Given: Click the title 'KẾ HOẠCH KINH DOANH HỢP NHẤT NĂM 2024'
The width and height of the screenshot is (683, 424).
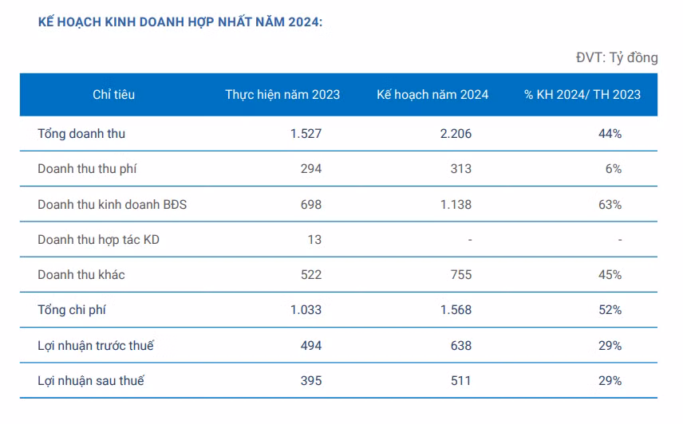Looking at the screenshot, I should (x=180, y=23).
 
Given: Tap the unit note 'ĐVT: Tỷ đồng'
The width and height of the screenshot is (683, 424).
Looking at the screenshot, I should (x=616, y=57).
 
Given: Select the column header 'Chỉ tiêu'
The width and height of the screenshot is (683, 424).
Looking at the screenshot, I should (x=113, y=95).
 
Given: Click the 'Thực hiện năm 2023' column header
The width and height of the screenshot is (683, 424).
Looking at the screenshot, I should (x=282, y=95).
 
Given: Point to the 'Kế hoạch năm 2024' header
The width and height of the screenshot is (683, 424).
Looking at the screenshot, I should (x=432, y=95).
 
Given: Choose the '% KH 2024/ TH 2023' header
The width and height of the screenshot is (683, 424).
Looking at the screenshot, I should (x=582, y=95).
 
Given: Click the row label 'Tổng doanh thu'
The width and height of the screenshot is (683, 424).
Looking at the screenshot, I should (x=81, y=134).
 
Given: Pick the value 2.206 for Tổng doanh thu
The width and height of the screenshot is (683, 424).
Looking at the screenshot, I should (x=455, y=134).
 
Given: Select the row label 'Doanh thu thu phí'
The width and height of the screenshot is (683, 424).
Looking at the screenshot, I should (x=89, y=169).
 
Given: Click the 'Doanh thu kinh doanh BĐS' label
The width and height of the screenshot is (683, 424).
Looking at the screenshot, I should (x=113, y=205).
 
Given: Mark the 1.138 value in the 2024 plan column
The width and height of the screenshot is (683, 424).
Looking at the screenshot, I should (x=455, y=205).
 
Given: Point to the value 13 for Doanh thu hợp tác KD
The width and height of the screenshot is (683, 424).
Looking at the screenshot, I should (x=314, y=239).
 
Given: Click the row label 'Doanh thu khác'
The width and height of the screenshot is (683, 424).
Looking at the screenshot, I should (x=81, y=275).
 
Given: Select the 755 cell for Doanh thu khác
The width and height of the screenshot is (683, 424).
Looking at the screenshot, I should (x=460, y=275).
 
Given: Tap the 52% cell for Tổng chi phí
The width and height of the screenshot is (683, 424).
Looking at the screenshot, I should (x=611, y=310).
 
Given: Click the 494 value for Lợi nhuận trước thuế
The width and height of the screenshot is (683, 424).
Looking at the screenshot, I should (x=310, y=346).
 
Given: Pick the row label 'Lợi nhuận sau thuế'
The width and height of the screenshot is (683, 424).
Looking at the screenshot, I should (x=91, y=381).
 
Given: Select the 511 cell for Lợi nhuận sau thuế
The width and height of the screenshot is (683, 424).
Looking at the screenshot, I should (x=460, y=381).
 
